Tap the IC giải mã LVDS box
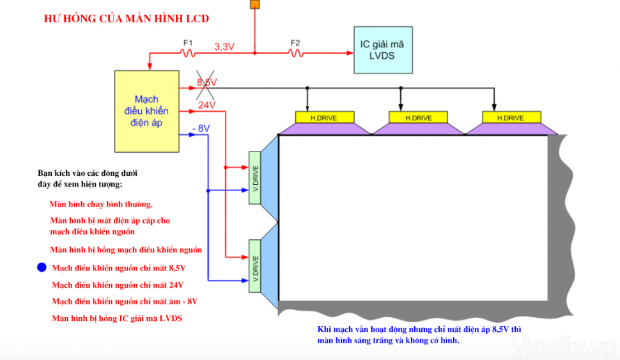click(x=383, y=51)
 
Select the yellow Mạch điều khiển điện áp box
click(x=146, y=111)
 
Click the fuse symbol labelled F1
click(x=188, y=54)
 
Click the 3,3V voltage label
click(x=224, y=47)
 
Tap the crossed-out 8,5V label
click(x=207, y=82)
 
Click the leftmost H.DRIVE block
click(x=325, y=118)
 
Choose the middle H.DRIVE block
click(x=419, y=118)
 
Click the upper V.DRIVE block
click(x=256, y=178)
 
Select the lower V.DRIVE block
click(x=256, y=265)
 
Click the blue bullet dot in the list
click(x=42, y=267)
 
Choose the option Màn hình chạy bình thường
click(x=101, y=205)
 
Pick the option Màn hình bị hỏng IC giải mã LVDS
click(x=116, y=318)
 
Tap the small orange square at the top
click(x=254, y=4)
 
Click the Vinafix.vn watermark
click(x=563, y=347)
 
